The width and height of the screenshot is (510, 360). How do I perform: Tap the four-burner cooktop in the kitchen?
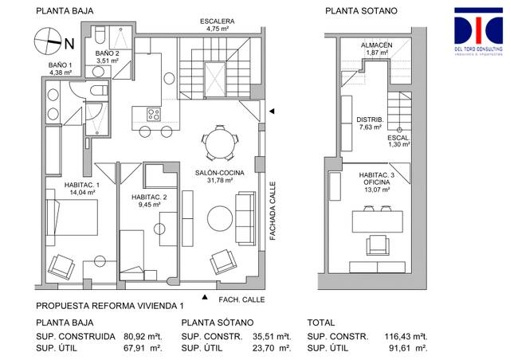[x=151, y=114]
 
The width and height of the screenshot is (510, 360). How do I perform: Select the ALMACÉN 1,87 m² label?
[x=375, y=49]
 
